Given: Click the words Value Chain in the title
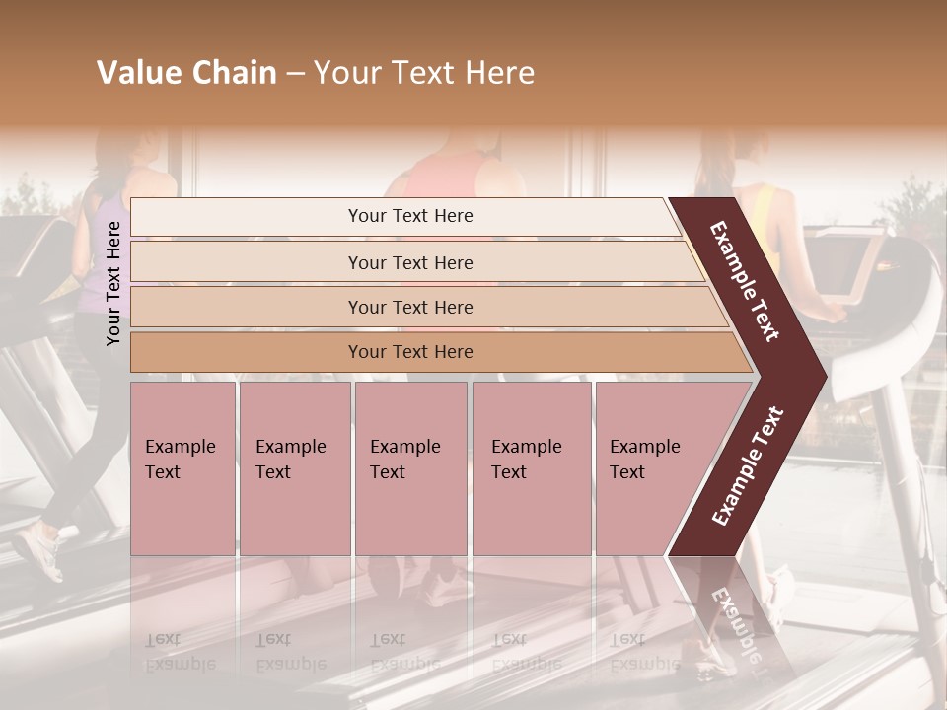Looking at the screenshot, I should tap(186, 73).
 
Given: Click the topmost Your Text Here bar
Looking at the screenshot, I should tap(410, 216).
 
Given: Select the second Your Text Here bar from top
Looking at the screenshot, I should tap(410, 262).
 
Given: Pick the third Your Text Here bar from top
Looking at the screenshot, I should tap(410, 307).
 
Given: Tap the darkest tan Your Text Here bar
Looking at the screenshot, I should tap(410, 352).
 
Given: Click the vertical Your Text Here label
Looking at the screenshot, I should tap(113, 283).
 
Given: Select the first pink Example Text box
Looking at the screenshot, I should tap(182, 467).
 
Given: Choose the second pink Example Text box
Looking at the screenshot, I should tap(294, 467).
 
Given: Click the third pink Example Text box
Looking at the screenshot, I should tap(409, 467).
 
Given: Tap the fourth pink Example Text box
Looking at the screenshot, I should tap(531, 467).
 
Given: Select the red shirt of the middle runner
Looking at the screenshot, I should tap(439, 177).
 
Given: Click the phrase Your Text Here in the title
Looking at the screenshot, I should tap(424, 73).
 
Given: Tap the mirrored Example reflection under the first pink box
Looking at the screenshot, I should tap(181, 664).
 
